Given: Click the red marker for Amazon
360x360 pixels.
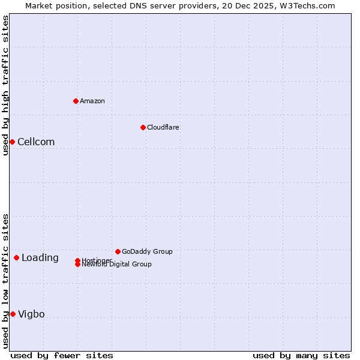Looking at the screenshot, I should click(76, 101).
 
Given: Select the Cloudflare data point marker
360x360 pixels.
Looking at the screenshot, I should click(143, 127).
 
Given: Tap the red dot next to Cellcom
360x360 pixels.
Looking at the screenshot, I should click(12, 142).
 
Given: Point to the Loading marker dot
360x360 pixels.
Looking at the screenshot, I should click(16, 257).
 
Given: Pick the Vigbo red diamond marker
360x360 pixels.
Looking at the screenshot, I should click(13, 314).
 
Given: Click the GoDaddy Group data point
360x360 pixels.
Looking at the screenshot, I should click(118, 251).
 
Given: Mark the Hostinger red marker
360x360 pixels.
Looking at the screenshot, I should click(77, 260).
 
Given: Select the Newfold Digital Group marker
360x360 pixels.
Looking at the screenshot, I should click(77, 264).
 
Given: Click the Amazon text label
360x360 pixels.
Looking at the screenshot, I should click(92, 101).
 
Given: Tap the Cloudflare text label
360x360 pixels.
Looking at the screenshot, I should click(163, 127).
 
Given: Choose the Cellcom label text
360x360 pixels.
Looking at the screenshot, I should click(36, 142).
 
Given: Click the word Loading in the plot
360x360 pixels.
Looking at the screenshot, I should click(40, 258).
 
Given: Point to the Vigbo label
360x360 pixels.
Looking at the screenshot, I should click(31, 314).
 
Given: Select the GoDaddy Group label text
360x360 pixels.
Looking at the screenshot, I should click(147, 251).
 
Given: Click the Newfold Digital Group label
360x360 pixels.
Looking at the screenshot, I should click(118, 265).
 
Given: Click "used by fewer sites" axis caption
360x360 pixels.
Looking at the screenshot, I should click(62, 355).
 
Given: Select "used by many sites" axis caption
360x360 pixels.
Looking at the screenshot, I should click(301, 355).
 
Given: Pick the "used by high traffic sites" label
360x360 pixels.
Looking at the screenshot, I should click(5, 85).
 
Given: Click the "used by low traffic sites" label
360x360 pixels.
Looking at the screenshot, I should click(5, 281).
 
